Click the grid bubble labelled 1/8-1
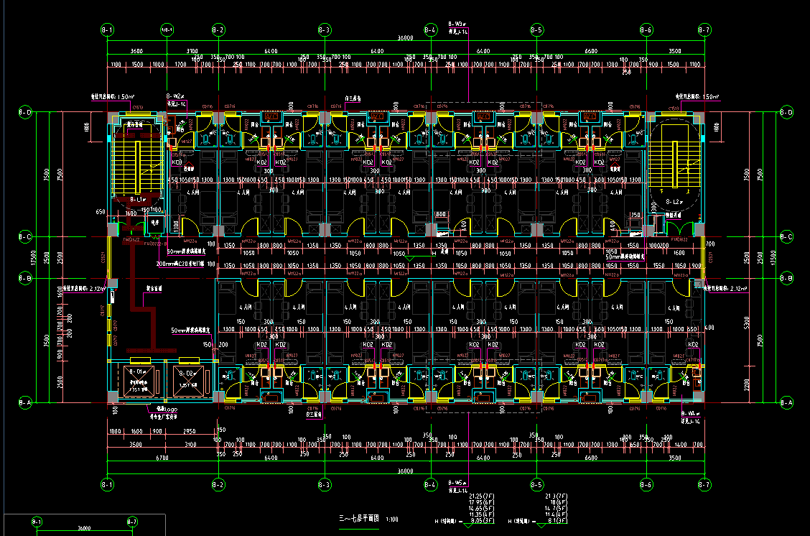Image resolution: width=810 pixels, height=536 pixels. click(x=167, y=30)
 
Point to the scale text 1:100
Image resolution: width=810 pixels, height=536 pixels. click(x=393, y=518)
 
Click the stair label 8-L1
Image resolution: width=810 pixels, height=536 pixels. click(x=137, y=198)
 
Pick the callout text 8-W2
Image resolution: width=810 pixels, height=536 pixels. click(x=175, y=96)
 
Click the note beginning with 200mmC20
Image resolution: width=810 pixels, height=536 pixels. click(x=185, y=264)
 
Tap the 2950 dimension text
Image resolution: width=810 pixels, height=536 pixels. click(x=189, y=430)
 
